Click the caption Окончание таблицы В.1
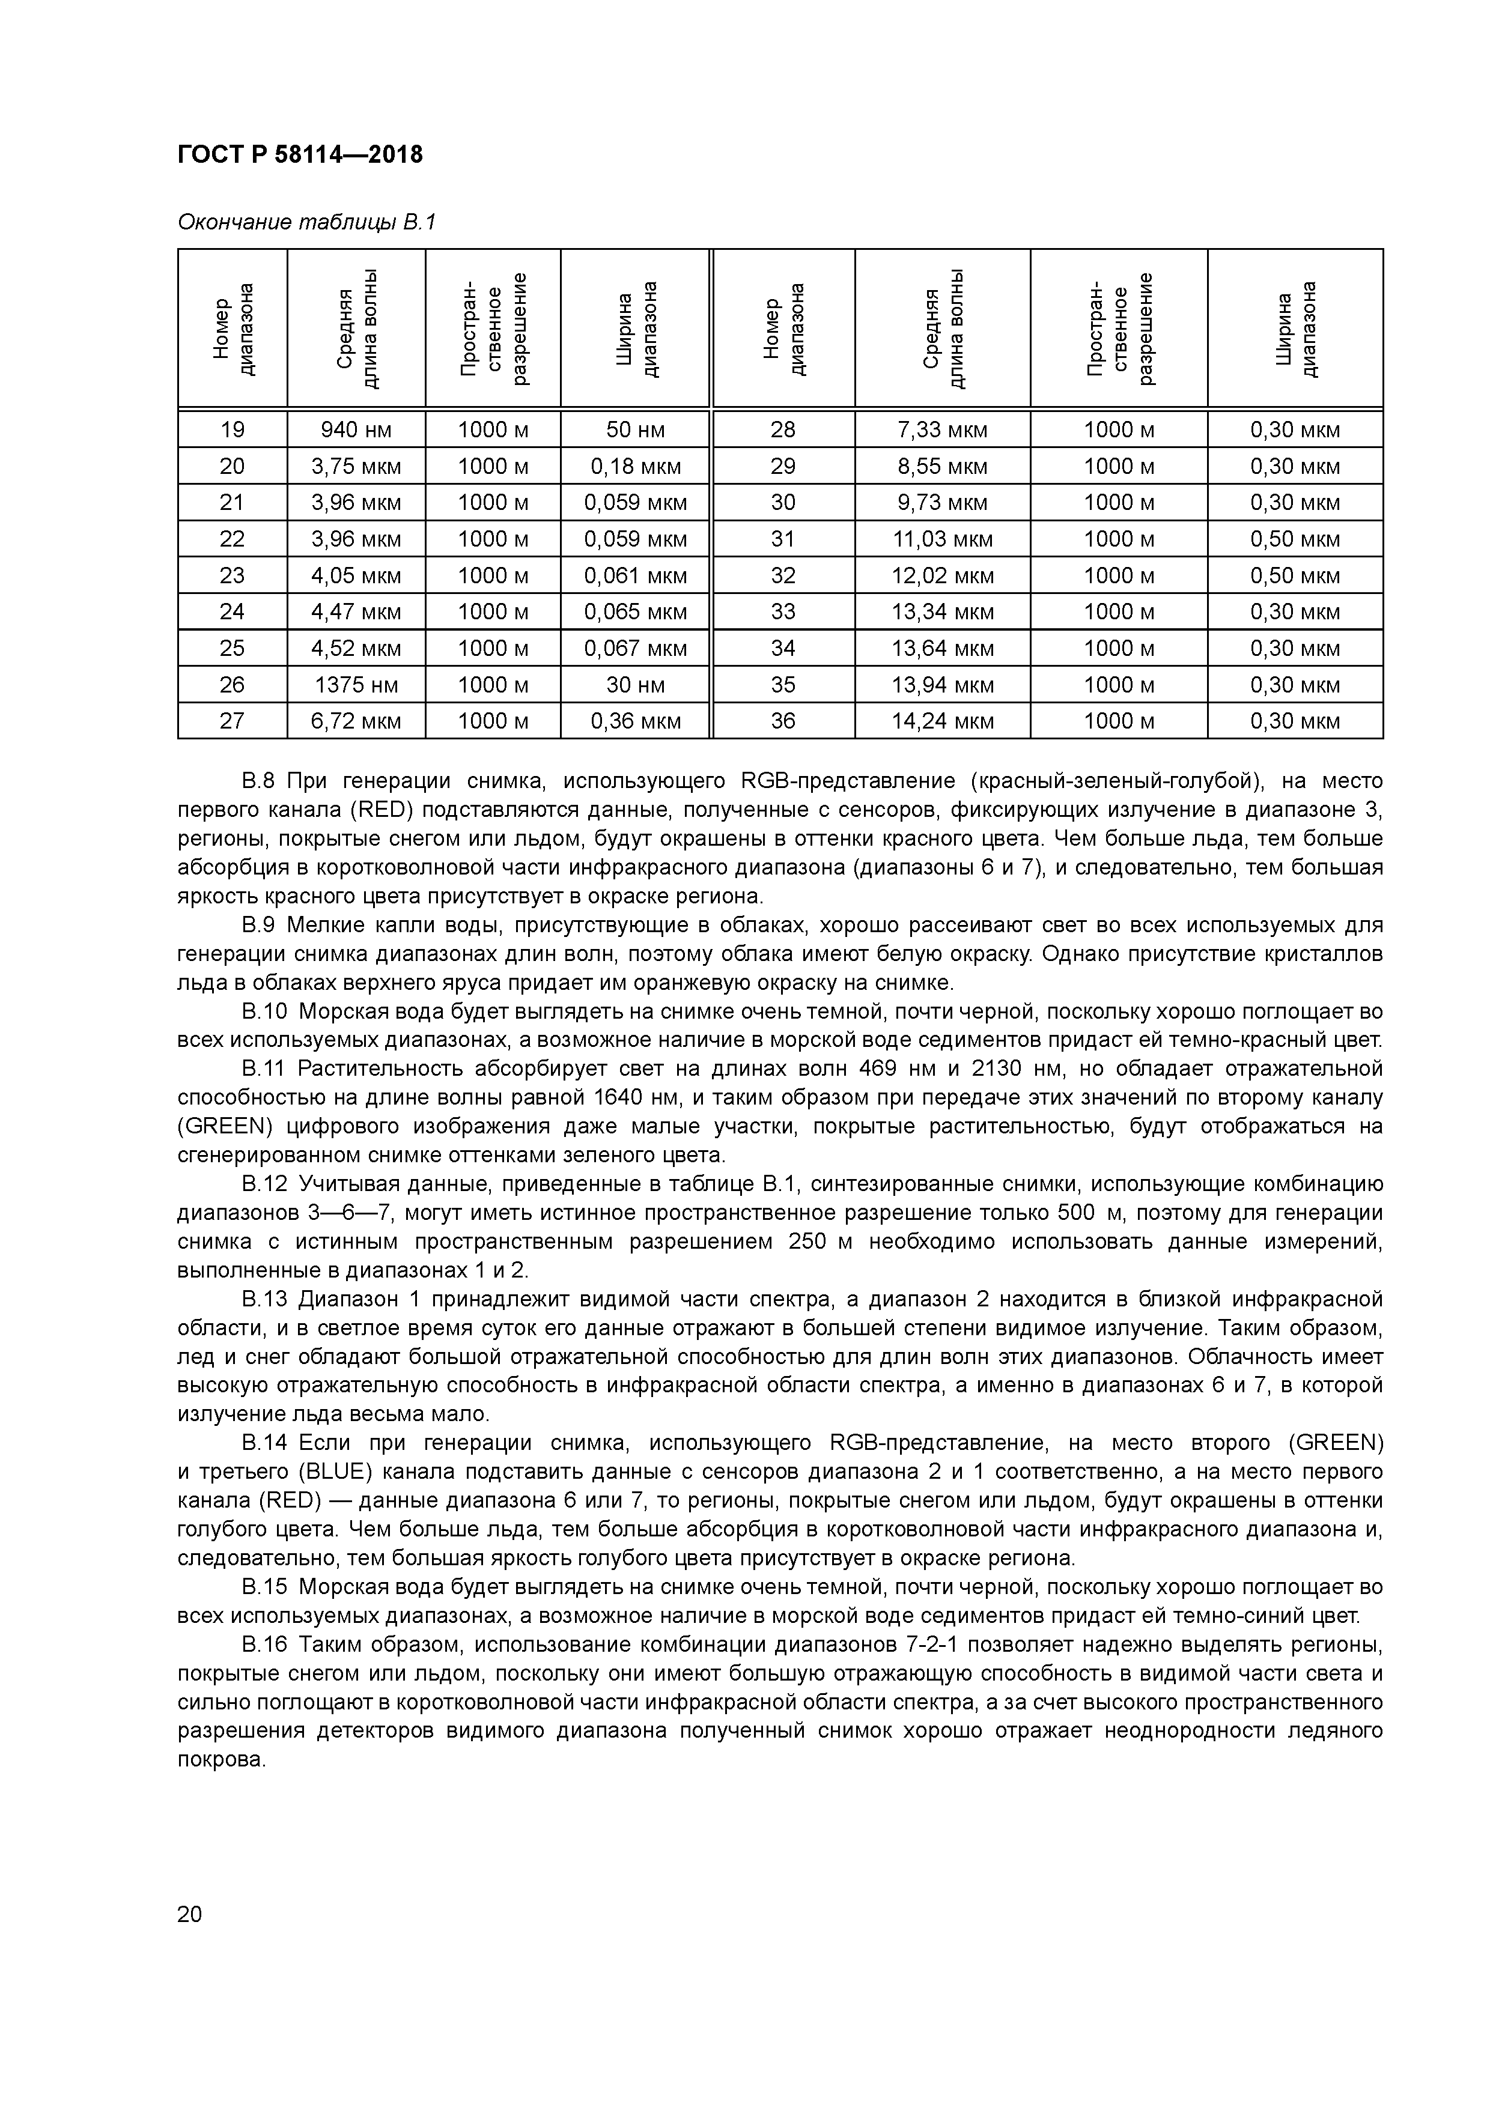(x=306, y=222)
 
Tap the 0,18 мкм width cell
(x=635, y=466)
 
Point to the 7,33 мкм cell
(x=942, y=429)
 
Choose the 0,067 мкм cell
(x=635, y=648)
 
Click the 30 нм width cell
(x=635, y=685)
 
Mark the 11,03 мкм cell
(x=942, y=539)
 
